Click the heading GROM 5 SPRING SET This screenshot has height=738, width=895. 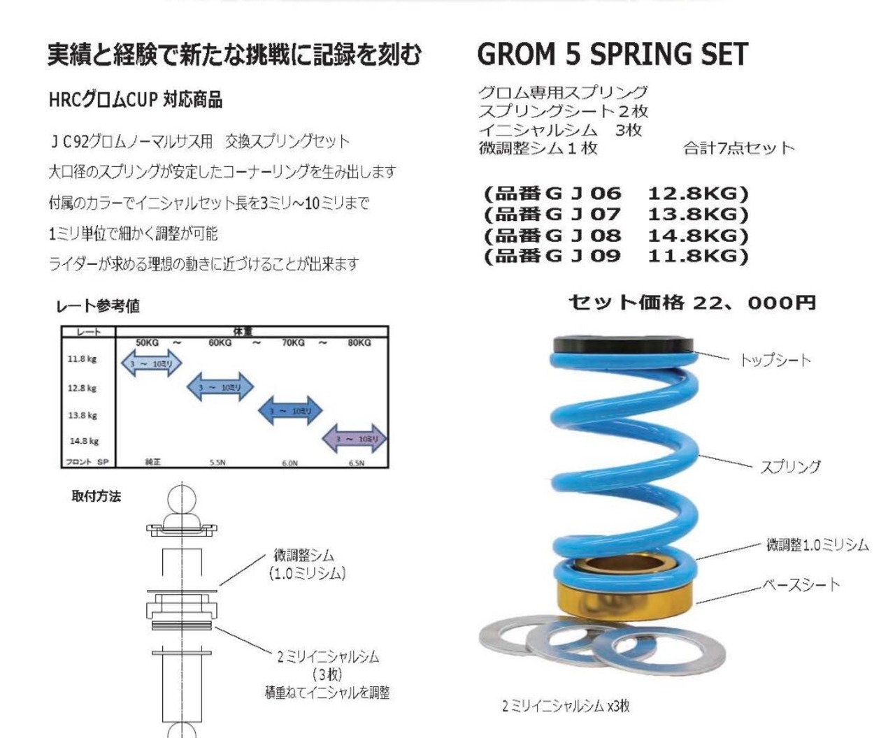(x=613, y=55)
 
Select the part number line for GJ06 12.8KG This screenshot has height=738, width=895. (x=615, y=194)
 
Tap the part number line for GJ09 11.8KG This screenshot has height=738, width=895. (x=615, y=256)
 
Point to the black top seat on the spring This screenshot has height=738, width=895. (x=622, y=345)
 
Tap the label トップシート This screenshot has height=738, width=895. (x=775, y=361)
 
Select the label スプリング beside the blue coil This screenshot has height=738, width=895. (x=790, y=467)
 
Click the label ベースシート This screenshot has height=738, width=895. (x=801, y=584)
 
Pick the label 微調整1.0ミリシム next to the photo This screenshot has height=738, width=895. (x=817, y=545)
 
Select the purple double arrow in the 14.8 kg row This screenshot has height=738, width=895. (x=355, y=439)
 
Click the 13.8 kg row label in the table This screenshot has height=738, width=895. (x=83, y=415)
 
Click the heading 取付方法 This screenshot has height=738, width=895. (x=96, y=496)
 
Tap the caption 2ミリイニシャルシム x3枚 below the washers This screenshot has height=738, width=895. (x=566, y=706)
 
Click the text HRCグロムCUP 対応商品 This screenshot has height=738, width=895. (x=135, y=100)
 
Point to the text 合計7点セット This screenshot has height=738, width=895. (x=738, y=148)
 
